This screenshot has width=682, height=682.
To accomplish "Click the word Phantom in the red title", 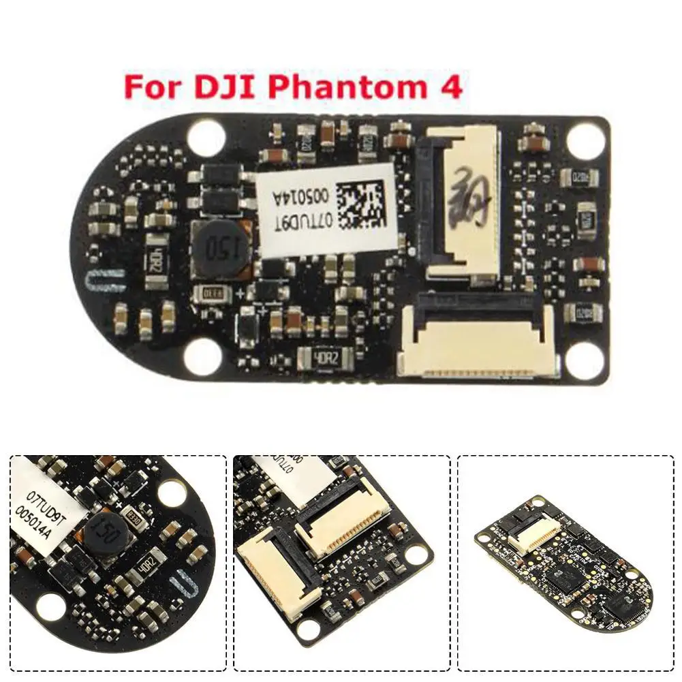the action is [x=356, y=89].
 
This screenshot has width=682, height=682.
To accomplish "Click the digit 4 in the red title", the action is [x=452, y=89].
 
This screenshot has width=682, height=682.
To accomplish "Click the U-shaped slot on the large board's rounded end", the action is [x=106, y=280].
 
